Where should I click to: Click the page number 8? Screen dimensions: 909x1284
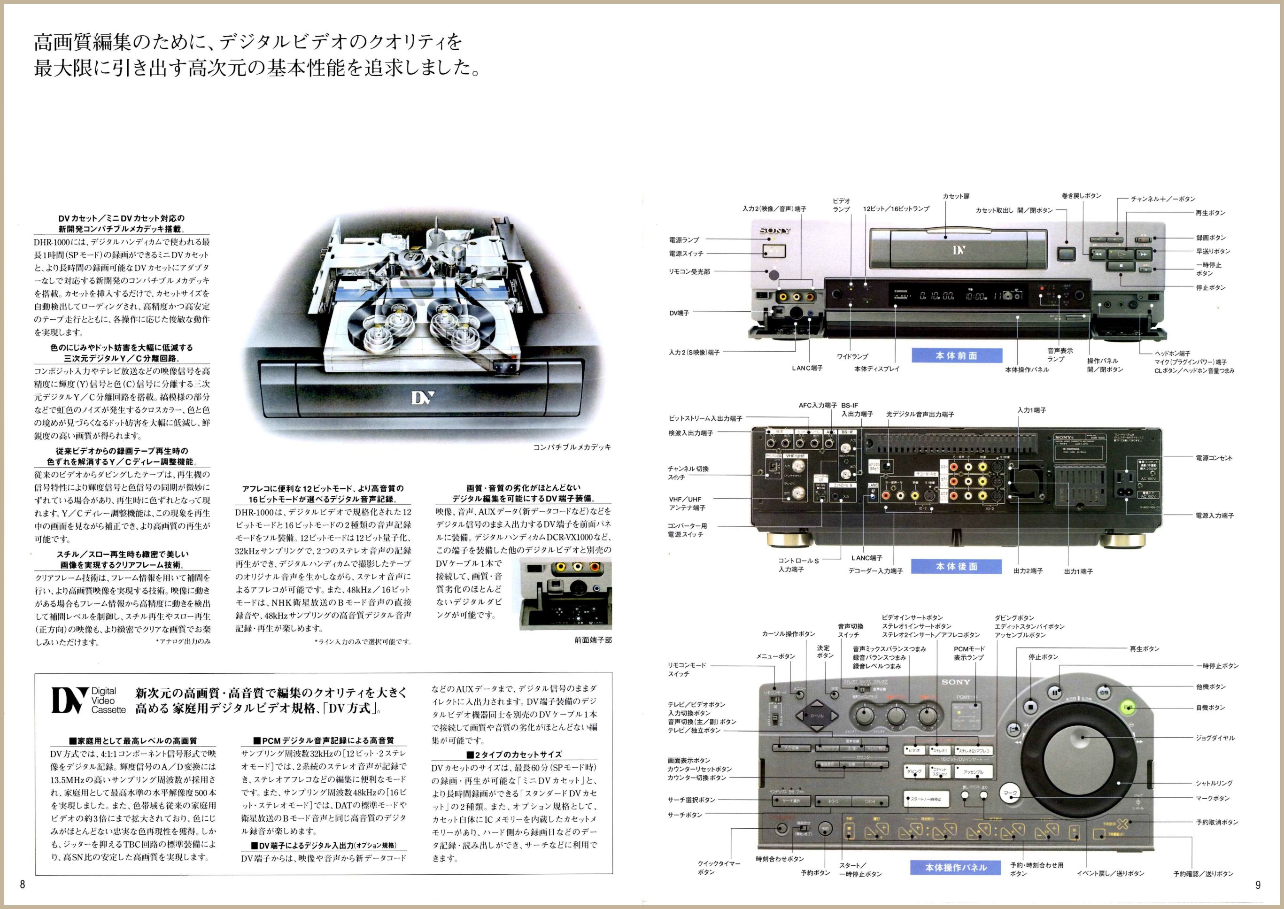click(23, 885)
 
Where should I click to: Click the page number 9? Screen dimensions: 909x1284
click(1258, 885)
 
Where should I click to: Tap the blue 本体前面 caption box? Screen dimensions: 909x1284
click(957, 355)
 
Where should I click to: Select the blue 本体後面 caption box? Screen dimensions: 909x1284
click(957, 566)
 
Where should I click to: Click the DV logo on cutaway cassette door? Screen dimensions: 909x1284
click(423, 398)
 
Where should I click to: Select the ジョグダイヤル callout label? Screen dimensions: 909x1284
click(1214, 738)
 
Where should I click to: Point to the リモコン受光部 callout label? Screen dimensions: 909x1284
click(689, 271)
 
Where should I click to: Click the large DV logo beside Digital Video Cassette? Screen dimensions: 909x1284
click(70, 700)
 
